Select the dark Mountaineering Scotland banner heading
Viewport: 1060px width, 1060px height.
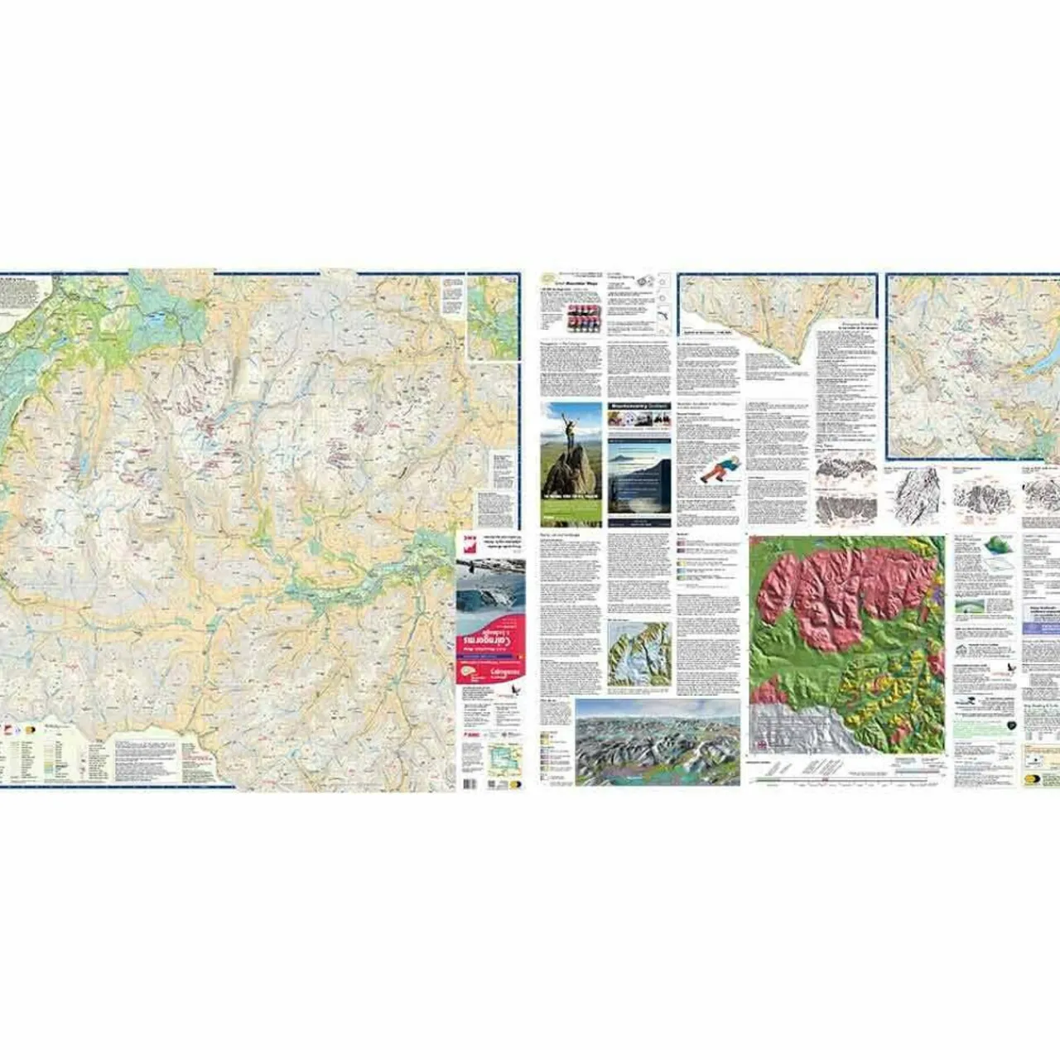click(x=638, y=407)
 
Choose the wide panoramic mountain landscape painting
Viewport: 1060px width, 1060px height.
click(x=658, y=742)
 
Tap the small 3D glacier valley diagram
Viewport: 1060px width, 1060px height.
click(x=638, y=653)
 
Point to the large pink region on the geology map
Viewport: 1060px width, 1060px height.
click(x=845, y=588)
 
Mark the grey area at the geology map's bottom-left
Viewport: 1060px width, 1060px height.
click(x=791, y=729)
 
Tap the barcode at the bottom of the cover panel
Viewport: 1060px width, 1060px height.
click(x=468, y=783)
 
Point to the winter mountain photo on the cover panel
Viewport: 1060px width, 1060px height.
click(x=490, y=588)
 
